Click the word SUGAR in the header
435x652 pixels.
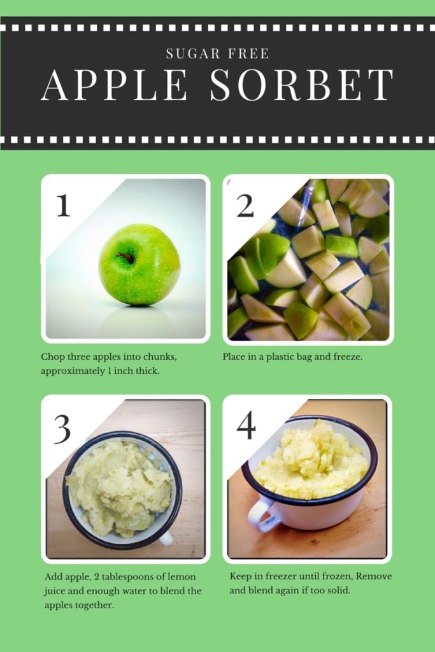pos(193,53)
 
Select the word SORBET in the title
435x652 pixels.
pos(302,85)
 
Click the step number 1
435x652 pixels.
pos(63,205)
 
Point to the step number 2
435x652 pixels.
pos(245,206)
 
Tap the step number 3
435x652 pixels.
pos(62,429)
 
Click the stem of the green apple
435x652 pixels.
pos(125,257)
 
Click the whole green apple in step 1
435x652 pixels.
pos(139,265)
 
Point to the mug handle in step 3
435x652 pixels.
pos(166,537)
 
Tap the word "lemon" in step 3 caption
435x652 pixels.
pos(182,576)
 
